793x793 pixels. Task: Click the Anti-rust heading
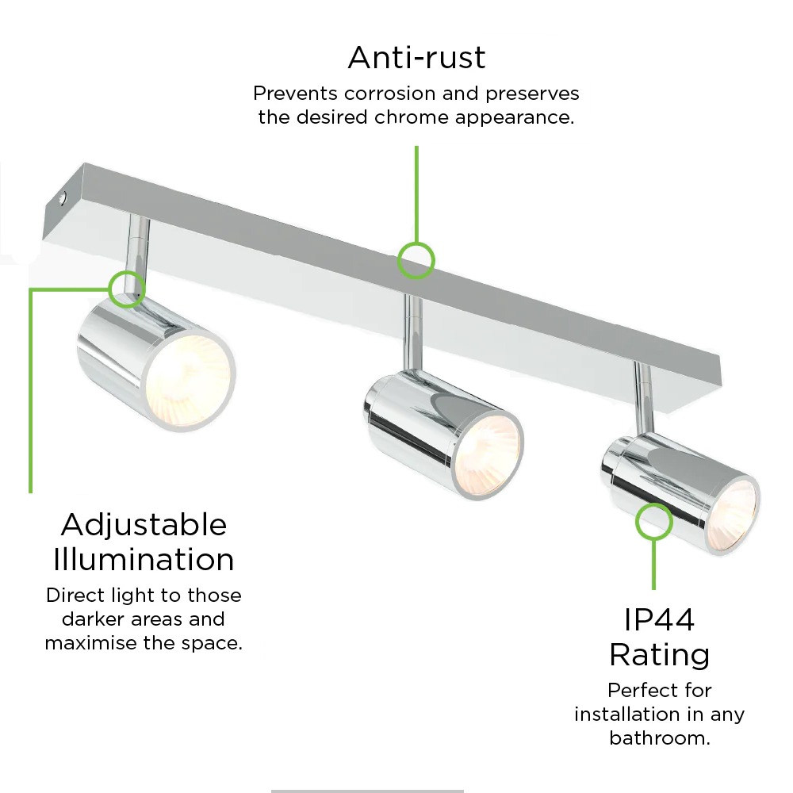(417, 57)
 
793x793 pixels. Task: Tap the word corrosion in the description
(390, 93)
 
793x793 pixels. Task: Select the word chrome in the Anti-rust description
(412, 117)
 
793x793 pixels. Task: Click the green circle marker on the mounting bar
(416, 260)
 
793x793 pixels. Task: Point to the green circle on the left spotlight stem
(127, 289)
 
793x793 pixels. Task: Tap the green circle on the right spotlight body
(654, 522)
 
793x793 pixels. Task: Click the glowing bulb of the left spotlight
(189, 381)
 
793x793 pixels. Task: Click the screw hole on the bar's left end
(62, 199)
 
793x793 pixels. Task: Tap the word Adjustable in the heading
(144, 524)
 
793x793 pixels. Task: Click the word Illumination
(144, 559)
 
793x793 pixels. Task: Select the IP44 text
(660, 619)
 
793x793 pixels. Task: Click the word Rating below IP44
(660, 655)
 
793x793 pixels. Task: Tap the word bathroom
(660, 737)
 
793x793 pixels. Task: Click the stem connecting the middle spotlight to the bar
(413, 335)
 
